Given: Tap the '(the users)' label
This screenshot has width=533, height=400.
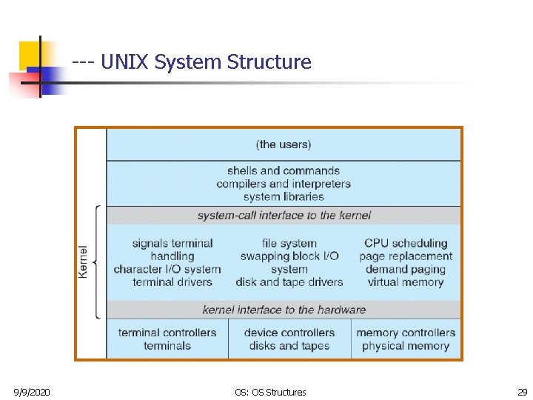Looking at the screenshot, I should pos(284,144).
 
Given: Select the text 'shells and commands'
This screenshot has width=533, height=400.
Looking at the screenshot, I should pos(284,170).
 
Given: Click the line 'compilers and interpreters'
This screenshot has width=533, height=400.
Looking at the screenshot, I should pos(284,184).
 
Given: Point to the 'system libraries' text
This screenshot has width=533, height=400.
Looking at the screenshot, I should pos(284,196).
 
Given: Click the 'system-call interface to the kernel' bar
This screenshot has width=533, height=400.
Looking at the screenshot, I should pos(284,216).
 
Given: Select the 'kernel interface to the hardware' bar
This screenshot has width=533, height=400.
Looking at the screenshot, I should pos(284,310).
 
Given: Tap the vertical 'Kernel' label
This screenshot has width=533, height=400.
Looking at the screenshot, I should pos(84,262).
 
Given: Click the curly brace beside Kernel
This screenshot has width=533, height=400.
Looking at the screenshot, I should pos(98,262).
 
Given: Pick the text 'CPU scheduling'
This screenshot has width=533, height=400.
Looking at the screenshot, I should pos(406,243).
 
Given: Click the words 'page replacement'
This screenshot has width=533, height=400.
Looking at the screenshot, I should pos(406,256).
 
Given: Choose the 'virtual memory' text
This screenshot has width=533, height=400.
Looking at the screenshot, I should pos(406,282).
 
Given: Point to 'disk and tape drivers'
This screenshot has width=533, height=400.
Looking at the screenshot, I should pos(289,282).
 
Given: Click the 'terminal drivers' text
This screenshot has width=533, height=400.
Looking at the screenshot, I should pos(172,282).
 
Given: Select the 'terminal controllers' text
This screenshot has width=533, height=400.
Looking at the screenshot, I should pos(167,333).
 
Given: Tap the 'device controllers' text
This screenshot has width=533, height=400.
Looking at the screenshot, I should pos(289,333).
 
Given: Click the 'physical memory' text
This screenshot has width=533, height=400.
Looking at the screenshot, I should pos(406,346).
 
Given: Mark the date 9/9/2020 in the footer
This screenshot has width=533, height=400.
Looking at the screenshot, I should pos(32,392).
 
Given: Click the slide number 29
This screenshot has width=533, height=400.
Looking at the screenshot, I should pos(523,392).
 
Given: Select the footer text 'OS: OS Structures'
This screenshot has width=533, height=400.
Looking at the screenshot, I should pos(269,392).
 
